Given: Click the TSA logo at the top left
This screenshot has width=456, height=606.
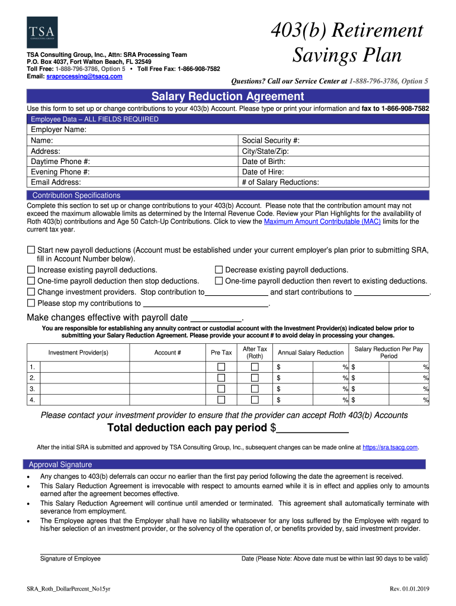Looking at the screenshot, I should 42,32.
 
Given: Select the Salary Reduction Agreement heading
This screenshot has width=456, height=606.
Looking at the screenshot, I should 228,96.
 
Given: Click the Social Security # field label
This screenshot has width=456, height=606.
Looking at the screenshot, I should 271,140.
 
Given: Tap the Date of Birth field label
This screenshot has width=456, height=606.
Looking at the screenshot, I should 264,162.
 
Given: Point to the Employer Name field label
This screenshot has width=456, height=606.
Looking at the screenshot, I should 59,130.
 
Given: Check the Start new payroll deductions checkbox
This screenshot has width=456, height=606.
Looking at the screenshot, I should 31,250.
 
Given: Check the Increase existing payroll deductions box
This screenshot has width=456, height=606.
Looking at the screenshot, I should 31,270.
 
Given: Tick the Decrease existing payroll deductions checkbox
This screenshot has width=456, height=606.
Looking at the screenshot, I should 219,270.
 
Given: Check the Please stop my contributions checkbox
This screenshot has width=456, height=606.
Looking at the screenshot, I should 31,303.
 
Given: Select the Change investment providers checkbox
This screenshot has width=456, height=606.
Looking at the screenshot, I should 31,292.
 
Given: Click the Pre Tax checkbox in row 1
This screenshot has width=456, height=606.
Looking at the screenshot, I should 221,368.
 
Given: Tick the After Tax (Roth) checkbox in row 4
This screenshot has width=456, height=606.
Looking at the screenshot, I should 255,400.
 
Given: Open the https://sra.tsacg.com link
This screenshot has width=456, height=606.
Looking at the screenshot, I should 390,447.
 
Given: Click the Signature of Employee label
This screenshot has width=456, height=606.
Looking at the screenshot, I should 70,559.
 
